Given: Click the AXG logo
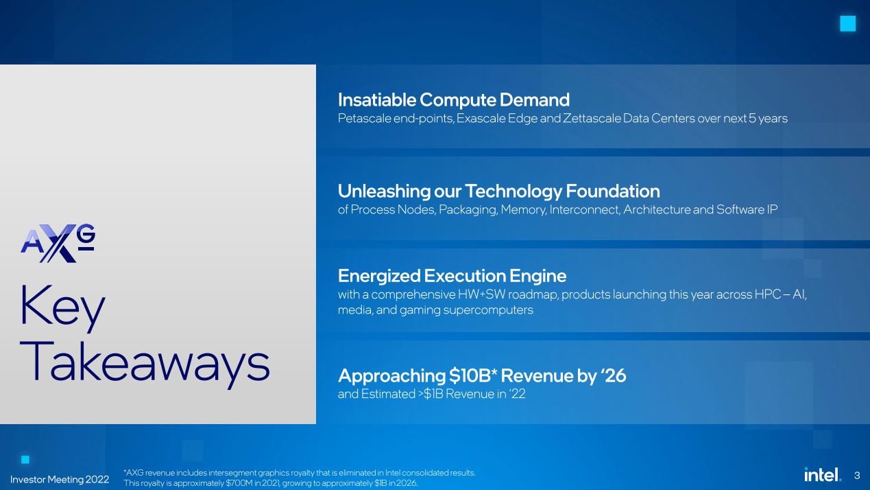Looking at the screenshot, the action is coord(58,243).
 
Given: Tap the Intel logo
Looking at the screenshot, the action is coord(822,475).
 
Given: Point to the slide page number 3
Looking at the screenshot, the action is coord(857,476).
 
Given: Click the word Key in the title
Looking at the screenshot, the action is coord(62,308).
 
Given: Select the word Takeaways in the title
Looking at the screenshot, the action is coord(145,365).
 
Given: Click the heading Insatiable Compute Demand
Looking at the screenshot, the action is coord(454,100).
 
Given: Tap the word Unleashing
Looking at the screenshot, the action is coord(384,191).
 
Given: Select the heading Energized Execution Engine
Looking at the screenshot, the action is coord(452,276).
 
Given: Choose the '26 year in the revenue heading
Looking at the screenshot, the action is coord(614,375).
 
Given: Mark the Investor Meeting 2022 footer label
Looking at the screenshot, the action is coord(60,480).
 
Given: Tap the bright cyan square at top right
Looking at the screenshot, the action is coord(848,24).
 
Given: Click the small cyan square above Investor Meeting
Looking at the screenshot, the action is coord(25,460).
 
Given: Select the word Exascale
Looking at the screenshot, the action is coord(481,118).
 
